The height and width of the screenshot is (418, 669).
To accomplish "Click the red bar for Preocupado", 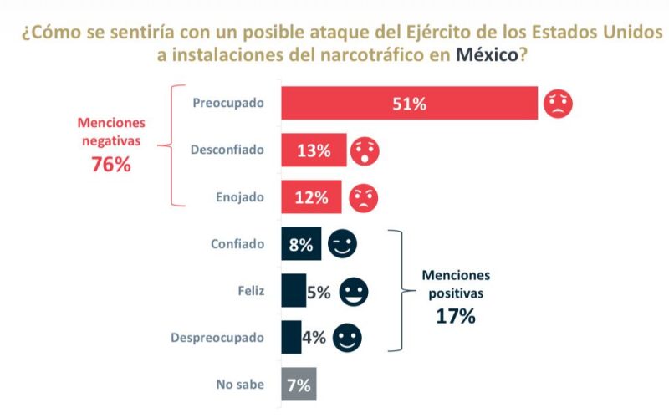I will pos(410,104).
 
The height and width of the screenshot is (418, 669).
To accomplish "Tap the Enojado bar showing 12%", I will pos(311,198).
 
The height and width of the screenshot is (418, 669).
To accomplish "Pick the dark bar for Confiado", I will pos(301,245).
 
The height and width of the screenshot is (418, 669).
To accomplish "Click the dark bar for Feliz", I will pos(294,292).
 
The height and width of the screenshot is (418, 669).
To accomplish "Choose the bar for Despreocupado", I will pos(292,338).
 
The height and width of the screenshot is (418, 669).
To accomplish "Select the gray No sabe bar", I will pos(299,385).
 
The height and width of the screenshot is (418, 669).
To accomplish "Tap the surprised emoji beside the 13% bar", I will pos(365,151).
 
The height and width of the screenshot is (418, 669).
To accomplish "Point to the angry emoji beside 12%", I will pos(363,198).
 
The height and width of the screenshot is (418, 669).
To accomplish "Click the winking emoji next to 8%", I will pos(342,244).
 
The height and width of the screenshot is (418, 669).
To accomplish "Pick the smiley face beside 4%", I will pos(347,339).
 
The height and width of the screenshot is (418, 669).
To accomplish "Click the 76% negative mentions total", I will pos(111,164).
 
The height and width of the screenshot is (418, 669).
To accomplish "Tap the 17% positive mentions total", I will pos(456,316).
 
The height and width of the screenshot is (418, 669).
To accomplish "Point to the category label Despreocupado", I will pos(217,339).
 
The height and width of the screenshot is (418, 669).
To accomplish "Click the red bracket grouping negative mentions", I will pos(173,144).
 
